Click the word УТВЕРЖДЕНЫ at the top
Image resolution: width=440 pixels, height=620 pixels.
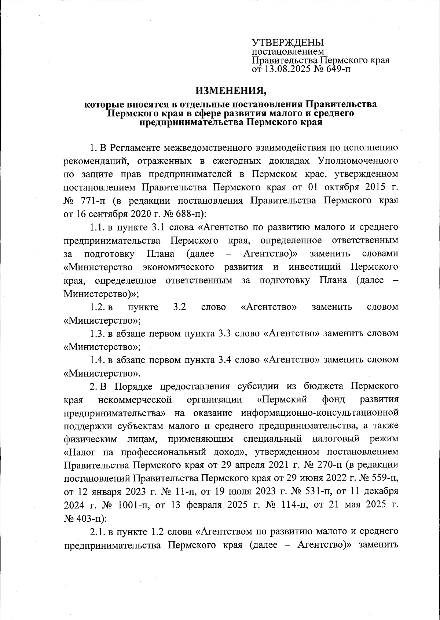tap(288, 43)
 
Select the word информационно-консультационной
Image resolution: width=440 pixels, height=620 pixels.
tap(319, 413)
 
